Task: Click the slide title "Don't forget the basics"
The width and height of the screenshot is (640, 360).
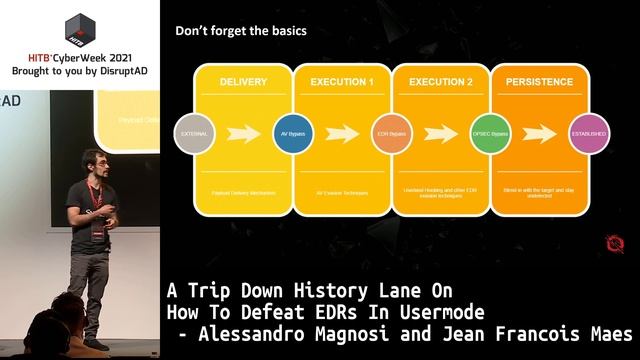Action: click(241, 31)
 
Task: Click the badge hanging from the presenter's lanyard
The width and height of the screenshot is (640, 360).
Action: click(96, 237)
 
